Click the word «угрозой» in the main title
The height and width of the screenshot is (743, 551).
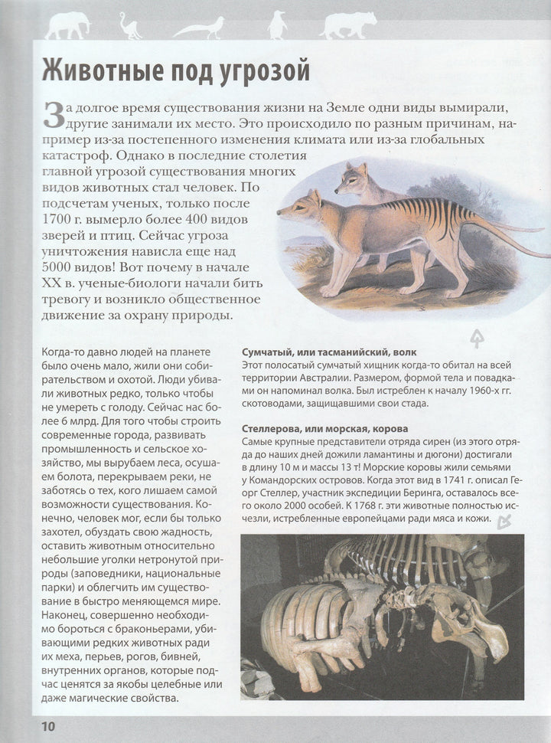[253, 71]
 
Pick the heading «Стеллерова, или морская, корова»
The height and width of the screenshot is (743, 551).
[324, 428]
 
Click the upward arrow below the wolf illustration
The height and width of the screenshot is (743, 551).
[476, 336]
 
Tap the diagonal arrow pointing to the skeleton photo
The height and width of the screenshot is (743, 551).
[504, 522]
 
